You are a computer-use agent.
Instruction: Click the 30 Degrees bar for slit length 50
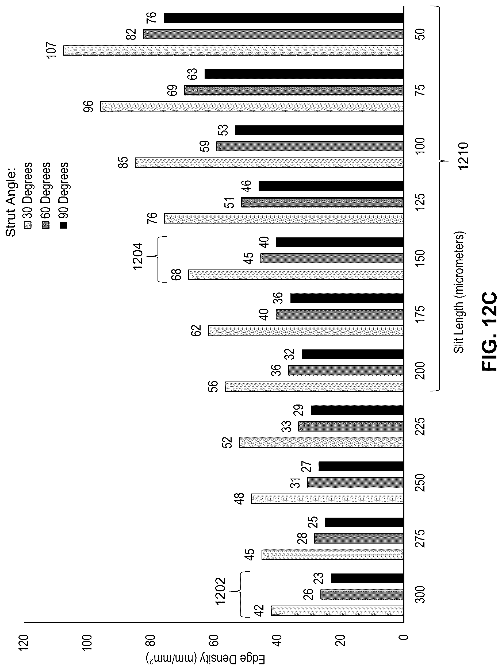pyautogui.click(x=233, y=50)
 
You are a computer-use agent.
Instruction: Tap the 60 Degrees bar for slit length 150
pyautogui.click(x=332, y=258)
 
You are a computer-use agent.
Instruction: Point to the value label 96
pyautogui.click(x=89, y=106)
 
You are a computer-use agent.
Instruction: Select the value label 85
pyautogui.click(x=124, y=162)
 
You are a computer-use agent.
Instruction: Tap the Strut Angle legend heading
pyautogui.click(x=11, y=199)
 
